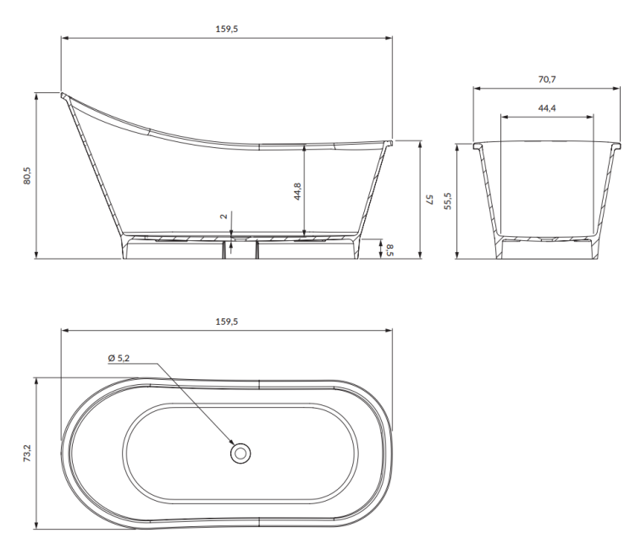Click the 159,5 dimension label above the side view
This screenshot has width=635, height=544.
[x=226, y=29]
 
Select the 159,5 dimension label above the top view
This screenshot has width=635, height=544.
[x=226, y=321]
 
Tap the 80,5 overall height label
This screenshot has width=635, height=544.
[x=27, y=175]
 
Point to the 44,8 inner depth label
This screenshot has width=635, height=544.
[x=296, y=191]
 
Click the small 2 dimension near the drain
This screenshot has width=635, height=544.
[x=224, y=216]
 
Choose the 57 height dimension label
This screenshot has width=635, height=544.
[x=429, y=200]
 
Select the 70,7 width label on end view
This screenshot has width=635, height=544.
[x=546, y=79]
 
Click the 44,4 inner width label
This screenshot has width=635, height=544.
[x=546, y=108]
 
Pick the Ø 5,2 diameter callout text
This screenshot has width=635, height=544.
[x=119, y=359]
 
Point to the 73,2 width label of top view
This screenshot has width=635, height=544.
[x=27, y=453]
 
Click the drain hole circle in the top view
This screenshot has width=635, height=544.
[x=240, y=453]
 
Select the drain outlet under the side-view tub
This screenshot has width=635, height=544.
[x=229, y=248]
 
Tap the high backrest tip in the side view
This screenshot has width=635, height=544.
[x=63, y=95]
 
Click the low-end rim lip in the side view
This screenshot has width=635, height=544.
[x=389, y=143]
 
